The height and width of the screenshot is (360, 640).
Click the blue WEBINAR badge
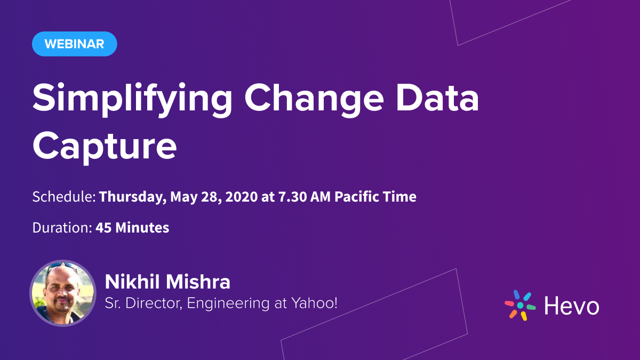[74, 44]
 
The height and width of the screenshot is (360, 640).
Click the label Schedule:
[64, 197]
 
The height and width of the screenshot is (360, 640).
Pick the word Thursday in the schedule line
[133, 197]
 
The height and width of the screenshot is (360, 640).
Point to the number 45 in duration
[103, 228]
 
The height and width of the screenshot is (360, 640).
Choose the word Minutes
[142, 228]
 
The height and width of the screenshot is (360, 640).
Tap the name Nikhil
[132, 282]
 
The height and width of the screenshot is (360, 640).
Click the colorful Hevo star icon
[519, 305]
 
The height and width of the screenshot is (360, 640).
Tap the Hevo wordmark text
[571, 306]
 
